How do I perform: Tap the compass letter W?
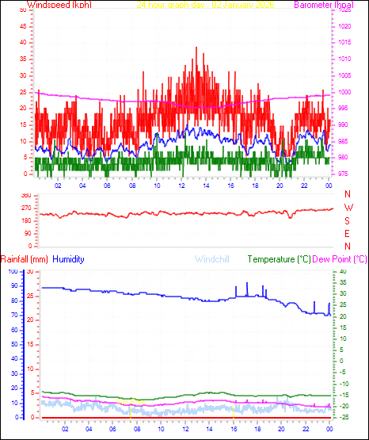coord(348,208)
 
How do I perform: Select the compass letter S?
coord(348,220)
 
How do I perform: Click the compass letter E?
coord(348,233)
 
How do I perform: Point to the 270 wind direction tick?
coord(25,208)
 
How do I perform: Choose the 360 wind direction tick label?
coord(25,195)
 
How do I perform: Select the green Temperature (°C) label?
coord(280,259)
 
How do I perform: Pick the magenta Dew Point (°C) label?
coord(340,259)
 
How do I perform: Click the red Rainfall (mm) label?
coord(25,259)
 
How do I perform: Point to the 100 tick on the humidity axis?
coord(12,271)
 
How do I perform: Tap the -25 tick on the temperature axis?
coord(343,417)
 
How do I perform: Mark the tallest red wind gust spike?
coord(196,48)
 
